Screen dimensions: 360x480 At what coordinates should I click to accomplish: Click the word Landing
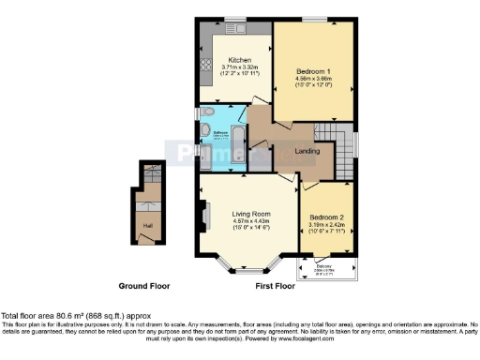click(x=307, y=150)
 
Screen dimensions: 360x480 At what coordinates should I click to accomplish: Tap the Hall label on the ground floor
click(x=147, y=225)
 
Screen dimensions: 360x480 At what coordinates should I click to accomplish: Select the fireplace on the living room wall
click(x=203, y=217)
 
